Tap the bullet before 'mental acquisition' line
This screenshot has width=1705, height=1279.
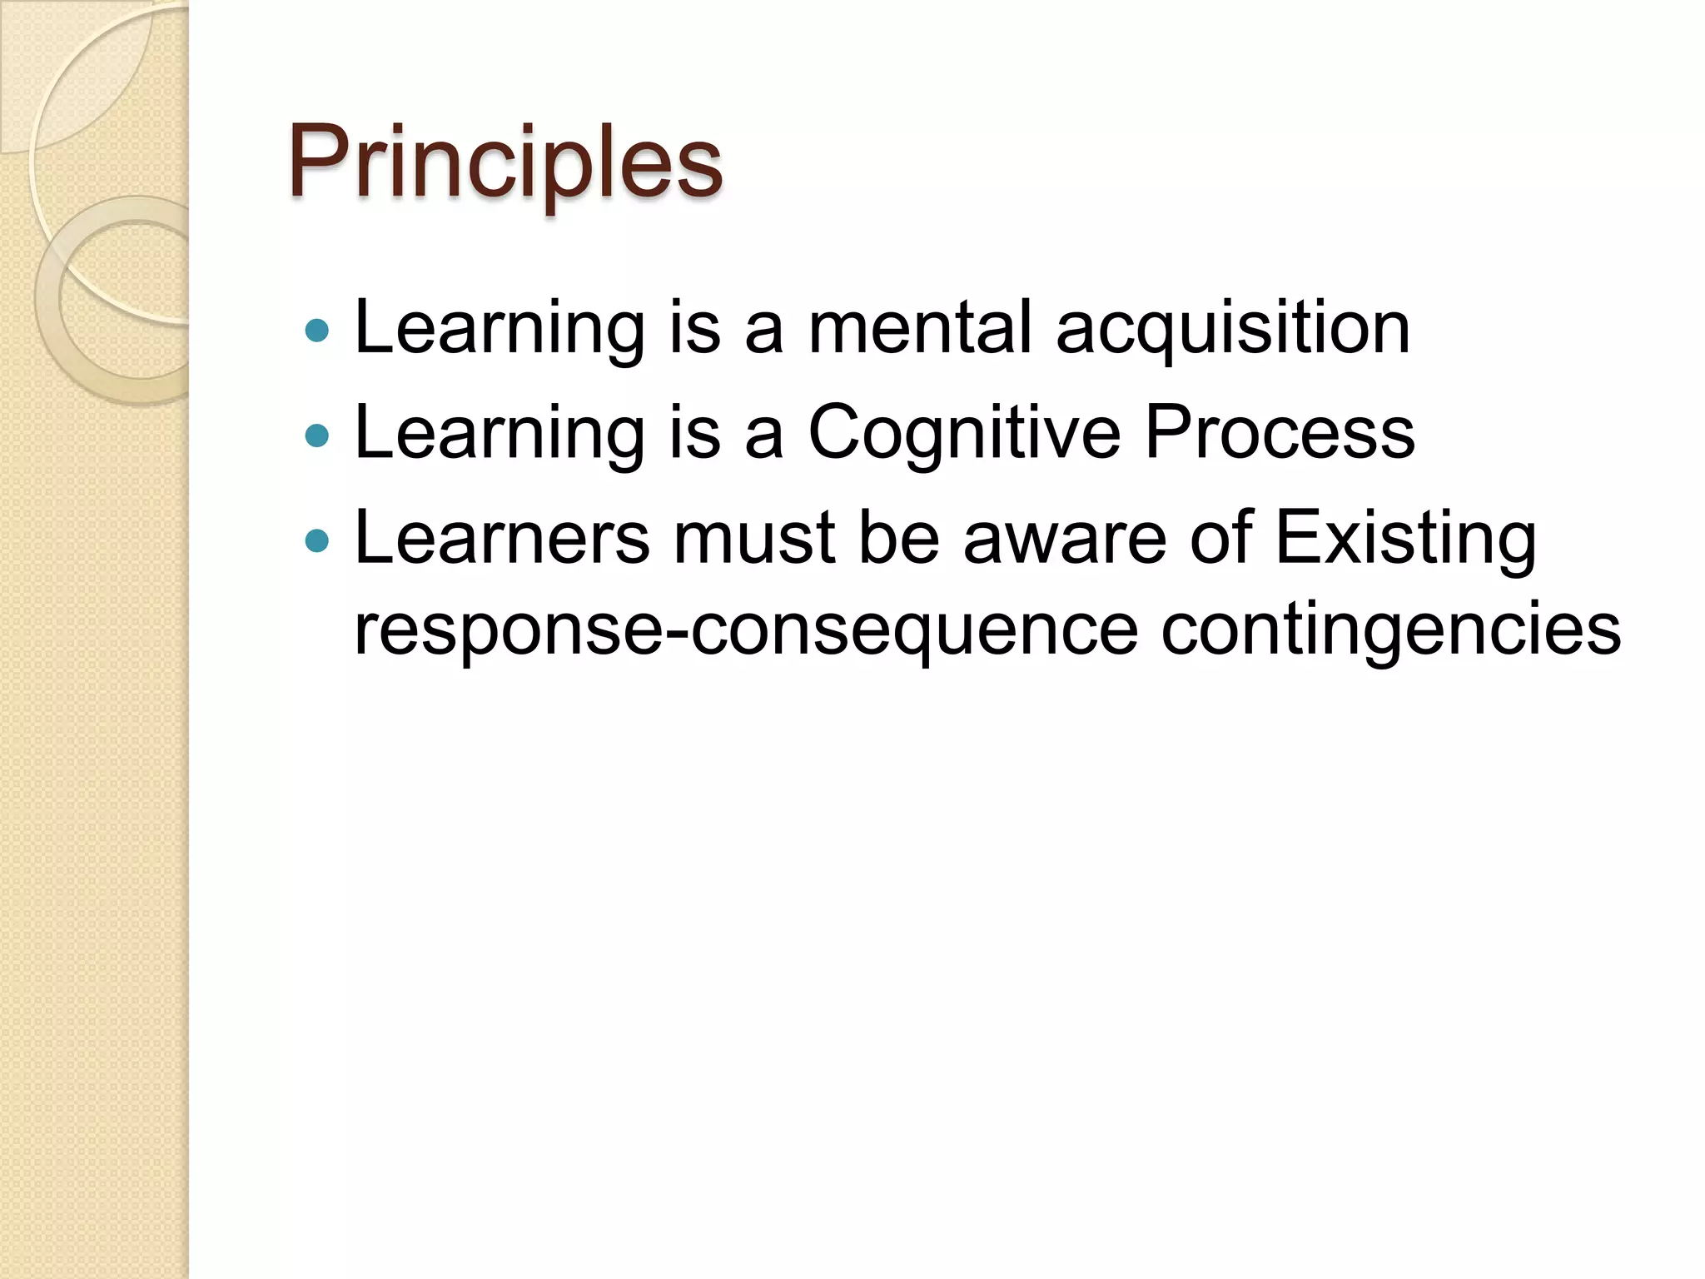[x=317, y=331]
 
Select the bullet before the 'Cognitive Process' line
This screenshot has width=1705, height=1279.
[x=317, y=435]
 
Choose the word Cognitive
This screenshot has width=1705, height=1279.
[x=964, y=434]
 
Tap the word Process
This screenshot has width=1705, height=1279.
[x=1280, y=432]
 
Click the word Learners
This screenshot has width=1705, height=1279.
[x=501, y=538]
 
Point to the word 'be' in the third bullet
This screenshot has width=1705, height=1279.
[x=898, y=538]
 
